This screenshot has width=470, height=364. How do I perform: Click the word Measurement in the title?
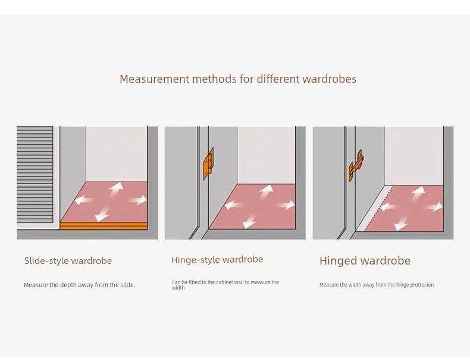coord(154,79)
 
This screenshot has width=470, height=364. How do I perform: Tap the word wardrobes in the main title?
coord(330,79)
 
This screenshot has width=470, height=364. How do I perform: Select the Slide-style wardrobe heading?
coord(68,260)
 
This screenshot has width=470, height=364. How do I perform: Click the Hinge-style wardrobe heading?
coord(217,260)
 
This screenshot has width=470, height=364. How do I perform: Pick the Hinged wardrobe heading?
coord(365,260)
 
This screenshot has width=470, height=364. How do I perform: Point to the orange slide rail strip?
coord(104,226)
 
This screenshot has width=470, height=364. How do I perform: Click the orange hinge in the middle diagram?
coord(209,164)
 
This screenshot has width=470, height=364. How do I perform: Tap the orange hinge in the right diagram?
coord(356,166)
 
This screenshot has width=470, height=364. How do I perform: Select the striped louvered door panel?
coord(35,175)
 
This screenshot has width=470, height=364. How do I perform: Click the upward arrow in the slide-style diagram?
coord(116,189)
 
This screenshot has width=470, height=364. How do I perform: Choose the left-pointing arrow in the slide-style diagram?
coord(84,200)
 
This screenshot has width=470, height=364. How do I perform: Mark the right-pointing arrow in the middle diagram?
coord(286,206)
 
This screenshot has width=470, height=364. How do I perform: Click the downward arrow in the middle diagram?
coord(249,222)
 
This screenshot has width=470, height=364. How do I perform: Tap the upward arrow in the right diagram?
coord(418,193)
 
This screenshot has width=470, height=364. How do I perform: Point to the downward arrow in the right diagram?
coord(401,224)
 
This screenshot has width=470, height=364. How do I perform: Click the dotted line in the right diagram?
coord(379,209)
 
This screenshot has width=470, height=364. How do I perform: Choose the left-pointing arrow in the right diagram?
coord(389,207)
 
